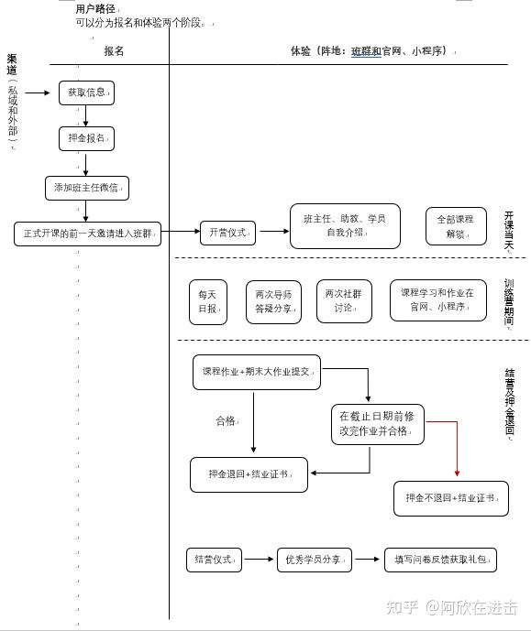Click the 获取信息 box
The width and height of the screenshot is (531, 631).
(x=86, y=92)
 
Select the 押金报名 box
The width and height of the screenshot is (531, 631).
(x=86, y=139)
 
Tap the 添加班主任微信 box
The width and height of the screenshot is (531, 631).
(x=86, y=188)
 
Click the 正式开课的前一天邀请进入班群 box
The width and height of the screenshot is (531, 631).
(x=87, y=233)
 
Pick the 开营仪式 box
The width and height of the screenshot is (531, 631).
(x=227, y=233)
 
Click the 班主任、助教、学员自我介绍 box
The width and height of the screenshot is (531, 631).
(x=345, y=226)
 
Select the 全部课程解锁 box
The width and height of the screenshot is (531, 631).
(x=455, y=226)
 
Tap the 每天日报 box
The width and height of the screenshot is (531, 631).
(x=207, y=302)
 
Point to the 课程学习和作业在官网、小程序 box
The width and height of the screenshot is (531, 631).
(x=437, y=299)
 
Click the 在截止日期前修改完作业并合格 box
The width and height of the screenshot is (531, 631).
(x=375, y=423)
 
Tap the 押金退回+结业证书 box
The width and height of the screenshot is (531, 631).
(x=249, y=474)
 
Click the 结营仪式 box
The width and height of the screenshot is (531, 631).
(x=214, y=559)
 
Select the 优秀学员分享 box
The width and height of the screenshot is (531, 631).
(x=314, y=559)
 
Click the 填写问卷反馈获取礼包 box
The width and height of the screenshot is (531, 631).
(x=440, y=559)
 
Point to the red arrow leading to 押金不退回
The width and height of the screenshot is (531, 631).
(x=456, y=449)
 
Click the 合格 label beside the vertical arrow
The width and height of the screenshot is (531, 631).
(x=226, y=420)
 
